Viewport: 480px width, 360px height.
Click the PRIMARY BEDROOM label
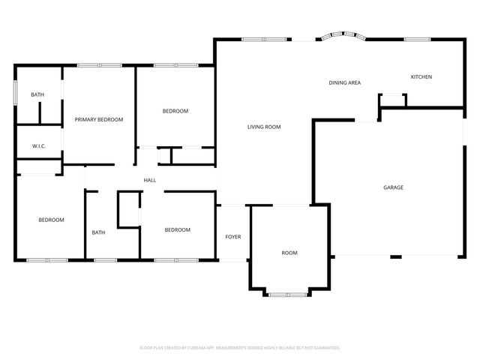click(x=98, y=119)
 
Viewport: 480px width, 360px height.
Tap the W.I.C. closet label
click(x=39, y=146)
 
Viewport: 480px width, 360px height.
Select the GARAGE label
click(x=393, y=187)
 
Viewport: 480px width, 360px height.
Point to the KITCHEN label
click(x=421, y=77)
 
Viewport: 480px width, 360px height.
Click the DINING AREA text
click(x=345, y=82)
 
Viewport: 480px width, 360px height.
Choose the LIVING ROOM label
click(x=264, y=127)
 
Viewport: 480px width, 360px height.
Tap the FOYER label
click(x=233, y=237)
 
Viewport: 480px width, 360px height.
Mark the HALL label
click(x=150, y=179)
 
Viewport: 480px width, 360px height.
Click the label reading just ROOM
click(x=289, y=253)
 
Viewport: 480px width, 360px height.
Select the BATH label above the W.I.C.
click(x=37, y=94)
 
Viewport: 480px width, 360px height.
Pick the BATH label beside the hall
click(x=98, y=232)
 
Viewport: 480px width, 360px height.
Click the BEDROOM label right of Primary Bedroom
click(x=175, y=111)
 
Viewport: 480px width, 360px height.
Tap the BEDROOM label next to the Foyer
click(x=178, y=229)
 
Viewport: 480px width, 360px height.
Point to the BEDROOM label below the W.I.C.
click(x=51, y=220)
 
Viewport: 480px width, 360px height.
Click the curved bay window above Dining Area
click(x=340, y=35)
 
